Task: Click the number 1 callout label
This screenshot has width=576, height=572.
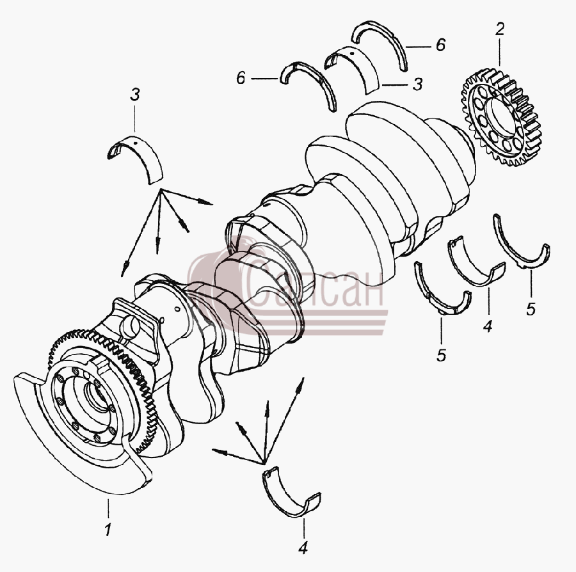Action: click(108, 530)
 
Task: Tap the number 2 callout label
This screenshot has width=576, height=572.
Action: click(500, 29)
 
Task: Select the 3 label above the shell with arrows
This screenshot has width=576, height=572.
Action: click(135, 95)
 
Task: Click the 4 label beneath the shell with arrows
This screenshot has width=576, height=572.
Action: click(303, 548)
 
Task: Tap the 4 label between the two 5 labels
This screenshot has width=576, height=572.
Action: click(488, 326)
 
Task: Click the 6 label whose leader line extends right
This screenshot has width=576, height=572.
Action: click(241, 78)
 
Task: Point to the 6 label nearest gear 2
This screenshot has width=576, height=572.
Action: click(440, 45)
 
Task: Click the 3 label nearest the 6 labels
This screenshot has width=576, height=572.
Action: click(418, 84)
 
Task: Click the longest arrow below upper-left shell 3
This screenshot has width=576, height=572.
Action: click(141, 234)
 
